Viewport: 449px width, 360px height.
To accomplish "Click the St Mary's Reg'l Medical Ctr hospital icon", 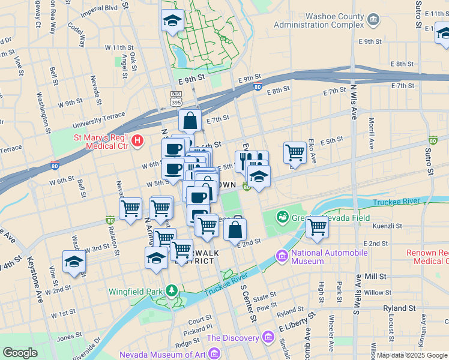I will tap(138, 142).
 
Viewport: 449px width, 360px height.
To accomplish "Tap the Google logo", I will tap(20, 353).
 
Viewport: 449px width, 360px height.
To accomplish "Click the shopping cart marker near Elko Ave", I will tap(295, 153).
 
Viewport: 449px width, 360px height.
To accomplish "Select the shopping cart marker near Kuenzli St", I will tap(316, 227).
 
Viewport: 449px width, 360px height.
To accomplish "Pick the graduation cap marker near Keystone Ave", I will tap(74, 262).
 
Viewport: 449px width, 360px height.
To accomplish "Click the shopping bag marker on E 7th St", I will tap(190, 121).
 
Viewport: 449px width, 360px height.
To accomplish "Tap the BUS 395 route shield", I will tap(176, 99).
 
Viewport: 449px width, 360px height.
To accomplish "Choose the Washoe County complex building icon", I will tap(373, 20).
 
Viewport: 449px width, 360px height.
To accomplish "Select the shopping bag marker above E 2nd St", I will tap(235, 229).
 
